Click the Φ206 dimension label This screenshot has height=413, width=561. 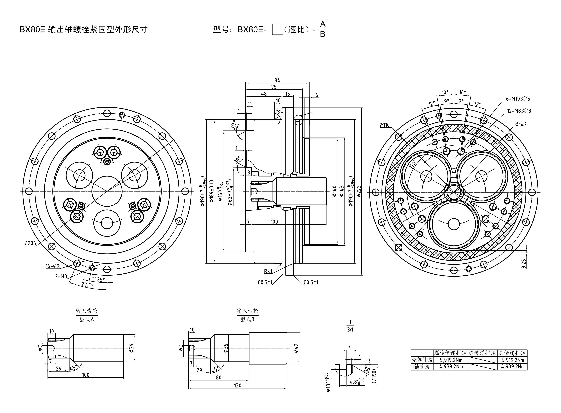[30, 243]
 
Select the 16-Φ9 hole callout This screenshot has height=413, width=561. [52, 266]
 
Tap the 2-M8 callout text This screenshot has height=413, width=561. [61, 276]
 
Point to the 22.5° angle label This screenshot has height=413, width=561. [87, 285]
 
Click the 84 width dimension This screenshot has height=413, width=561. [277, 80]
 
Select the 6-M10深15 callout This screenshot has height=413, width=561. [518, 99]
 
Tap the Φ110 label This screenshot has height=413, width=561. [385, 125]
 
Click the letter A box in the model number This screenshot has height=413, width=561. [323, 24]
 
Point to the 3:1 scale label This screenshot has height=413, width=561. [350, 329]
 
